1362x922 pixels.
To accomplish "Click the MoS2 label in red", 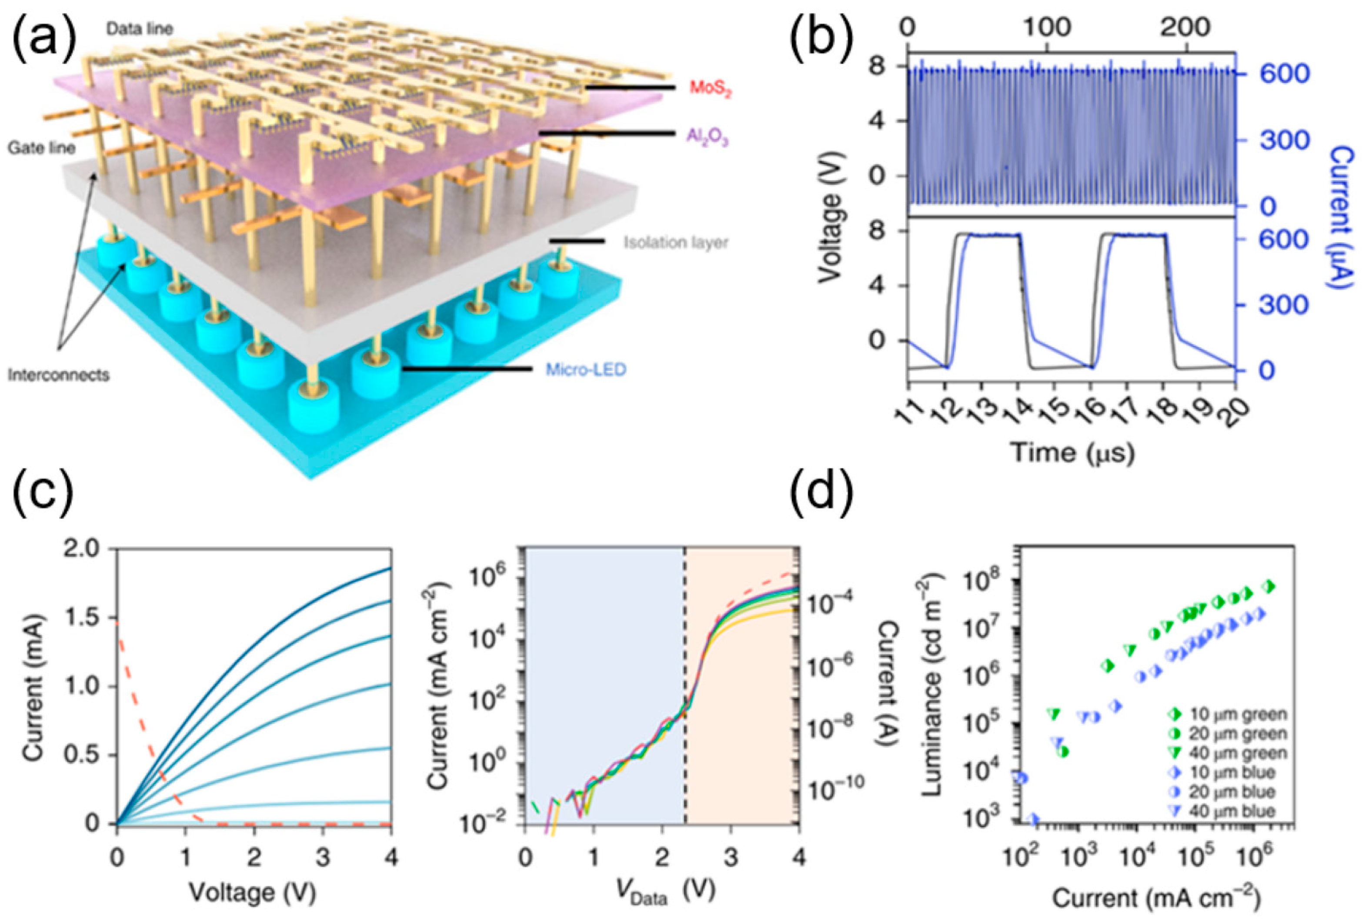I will point(710,89).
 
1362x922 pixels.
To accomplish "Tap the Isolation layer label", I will point(675,242).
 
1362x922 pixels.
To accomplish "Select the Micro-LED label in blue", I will point(585,370).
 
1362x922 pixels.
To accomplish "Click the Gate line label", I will point(41,148).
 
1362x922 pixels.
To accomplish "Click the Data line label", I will point(140,28).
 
